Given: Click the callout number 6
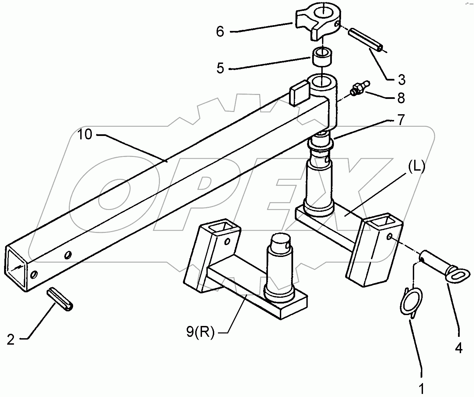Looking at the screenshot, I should [x=220, y=32].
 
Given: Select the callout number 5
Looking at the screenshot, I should [x=220, y=68].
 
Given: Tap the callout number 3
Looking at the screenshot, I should [x=402, y=80].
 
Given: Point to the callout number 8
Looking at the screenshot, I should [x=401, y=98].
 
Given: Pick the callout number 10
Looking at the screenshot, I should [x=85, y=135].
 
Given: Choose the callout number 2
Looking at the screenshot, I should [x=11, y=339].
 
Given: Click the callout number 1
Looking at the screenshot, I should [x=422, y=388].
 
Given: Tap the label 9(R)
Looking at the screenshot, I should [x=200, y=332].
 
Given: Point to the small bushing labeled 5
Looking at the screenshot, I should [x=322, y=57].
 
